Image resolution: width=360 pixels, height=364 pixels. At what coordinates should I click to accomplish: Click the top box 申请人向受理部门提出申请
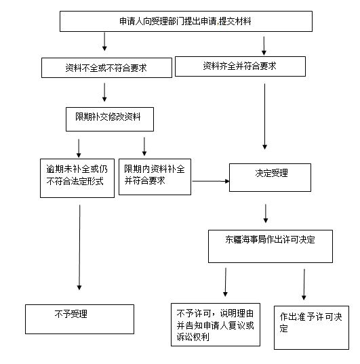click(186, 22)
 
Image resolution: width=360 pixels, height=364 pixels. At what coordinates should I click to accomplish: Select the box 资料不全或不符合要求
click(106, 68)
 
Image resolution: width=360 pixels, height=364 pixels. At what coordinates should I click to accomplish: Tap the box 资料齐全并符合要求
click(240, 66)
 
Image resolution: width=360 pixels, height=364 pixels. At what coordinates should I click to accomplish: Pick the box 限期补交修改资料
click(110, 119)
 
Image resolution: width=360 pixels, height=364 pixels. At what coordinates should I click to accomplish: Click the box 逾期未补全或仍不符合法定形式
click(77, 178)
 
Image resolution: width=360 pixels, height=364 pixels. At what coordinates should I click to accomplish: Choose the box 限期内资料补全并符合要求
click(155, 177)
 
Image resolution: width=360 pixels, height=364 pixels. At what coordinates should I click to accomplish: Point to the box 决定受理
click(270, 178)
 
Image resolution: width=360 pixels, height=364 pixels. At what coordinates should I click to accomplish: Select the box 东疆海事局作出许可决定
click(271, 246)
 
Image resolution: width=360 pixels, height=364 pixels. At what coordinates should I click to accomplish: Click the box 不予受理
click(80, 319)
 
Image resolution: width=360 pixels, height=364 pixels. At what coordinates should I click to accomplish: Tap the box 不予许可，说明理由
click(216, 325)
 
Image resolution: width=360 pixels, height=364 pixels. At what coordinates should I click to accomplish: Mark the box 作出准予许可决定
click(311, 327)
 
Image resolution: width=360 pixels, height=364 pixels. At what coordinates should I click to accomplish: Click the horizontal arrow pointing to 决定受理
click(211, 181)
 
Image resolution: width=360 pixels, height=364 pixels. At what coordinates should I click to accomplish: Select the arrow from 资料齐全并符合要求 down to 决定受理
click(264, 117)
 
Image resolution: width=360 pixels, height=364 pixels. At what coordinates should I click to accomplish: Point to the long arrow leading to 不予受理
click(79, 247)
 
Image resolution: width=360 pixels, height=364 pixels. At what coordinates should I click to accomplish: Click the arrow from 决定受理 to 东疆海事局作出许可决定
click(266, 214)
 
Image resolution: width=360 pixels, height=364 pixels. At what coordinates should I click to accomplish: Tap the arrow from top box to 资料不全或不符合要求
click(104, 41)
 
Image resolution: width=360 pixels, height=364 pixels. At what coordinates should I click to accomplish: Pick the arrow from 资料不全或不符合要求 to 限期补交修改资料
click(104, 92)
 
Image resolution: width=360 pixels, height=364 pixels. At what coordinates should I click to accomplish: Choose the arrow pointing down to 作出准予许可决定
click(304, 285)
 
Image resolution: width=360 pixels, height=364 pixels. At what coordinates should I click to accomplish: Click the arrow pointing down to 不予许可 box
click(226, 282)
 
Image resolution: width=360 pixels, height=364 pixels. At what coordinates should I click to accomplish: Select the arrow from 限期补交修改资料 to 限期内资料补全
click(144, 146)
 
